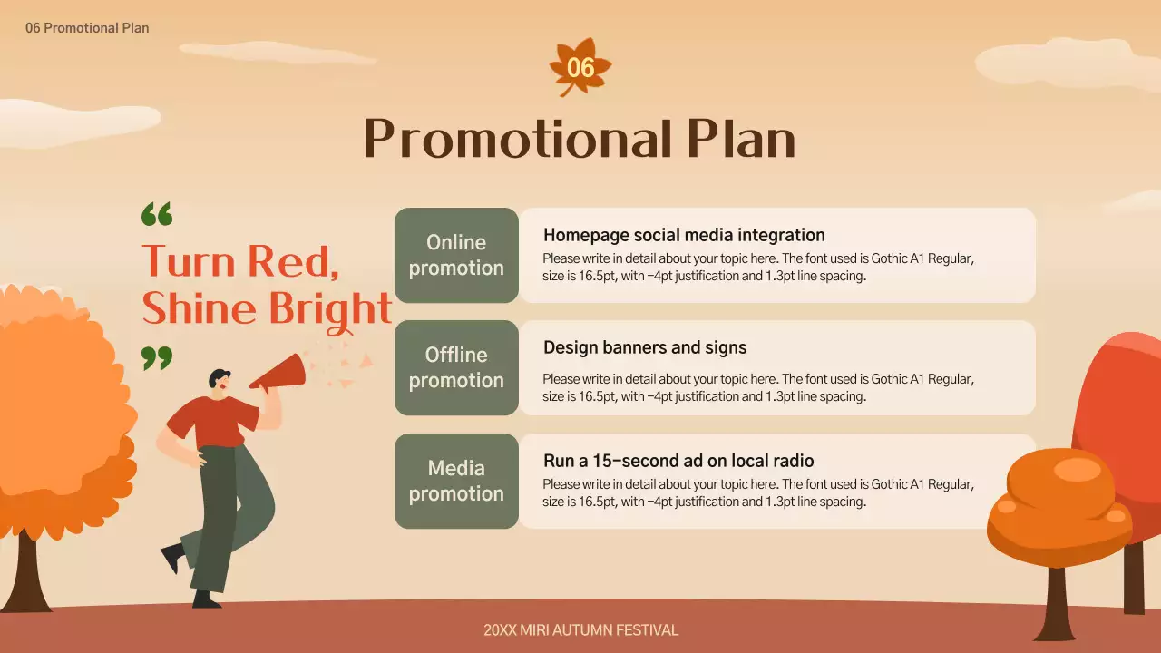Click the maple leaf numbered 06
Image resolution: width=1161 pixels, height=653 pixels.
click(580, 67)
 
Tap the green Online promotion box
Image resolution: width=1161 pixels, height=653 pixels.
click(456, 255)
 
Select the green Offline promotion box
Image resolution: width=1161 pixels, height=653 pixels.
click(456, 367)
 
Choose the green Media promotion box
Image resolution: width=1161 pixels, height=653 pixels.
click(456, 481)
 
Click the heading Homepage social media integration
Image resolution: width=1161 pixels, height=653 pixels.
click(684, 236)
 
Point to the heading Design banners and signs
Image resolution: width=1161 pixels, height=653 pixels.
click(645, 347)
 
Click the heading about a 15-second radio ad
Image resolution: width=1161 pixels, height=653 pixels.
click(678, 461)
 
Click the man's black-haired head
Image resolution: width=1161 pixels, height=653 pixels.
click(219, 380)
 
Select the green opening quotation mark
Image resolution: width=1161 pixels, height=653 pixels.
click(157, 215)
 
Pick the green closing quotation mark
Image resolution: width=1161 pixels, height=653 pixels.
click(157, 357)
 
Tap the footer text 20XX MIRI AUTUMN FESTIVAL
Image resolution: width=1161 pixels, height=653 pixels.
click(580, 630)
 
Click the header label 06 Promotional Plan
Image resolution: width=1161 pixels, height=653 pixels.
click(87, 28)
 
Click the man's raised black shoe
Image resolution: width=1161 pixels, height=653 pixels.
click(172, 556)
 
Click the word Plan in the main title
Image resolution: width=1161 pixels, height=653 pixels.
click(740, 140)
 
